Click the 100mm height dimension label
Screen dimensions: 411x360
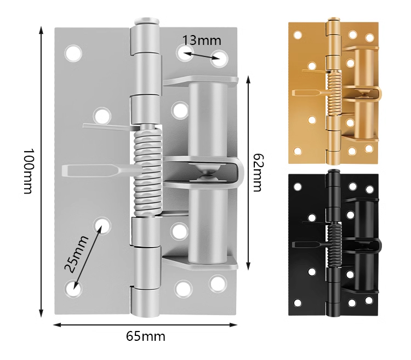tap(28, 172)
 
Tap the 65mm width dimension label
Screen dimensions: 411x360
tap(146, 336)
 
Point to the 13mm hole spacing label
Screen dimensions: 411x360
tap(202, 41)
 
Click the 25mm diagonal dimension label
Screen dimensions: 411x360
tap(76, 254)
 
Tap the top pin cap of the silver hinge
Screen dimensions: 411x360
tap(147, 21)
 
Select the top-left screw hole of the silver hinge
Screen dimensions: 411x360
tap(73, 53)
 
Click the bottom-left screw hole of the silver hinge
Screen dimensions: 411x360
tap(73, 288)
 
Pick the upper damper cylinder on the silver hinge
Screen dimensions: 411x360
tap(208, 121)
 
